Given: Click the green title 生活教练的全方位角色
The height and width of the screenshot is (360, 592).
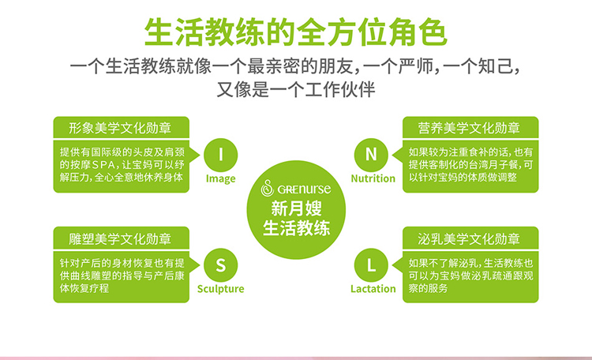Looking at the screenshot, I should pyautogui.click(x=295, y=32).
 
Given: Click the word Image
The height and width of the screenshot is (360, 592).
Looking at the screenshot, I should pyautogui.click(x=221, y=179).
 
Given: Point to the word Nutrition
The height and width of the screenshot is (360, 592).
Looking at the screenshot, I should pyautogui.click(x=373, y=179).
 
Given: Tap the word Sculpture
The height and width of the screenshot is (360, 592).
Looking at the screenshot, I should pyautogui.click(x=221, y=289).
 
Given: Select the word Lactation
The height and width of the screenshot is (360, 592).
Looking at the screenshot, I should pyautogui.click(x=373, y=289).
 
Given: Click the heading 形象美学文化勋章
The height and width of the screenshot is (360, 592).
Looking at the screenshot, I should pyautogui.click(x=120, y=127).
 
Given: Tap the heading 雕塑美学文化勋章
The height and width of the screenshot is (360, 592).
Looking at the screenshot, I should pyautogui.click(x=120, y=238).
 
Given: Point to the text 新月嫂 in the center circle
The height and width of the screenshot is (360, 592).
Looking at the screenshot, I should pyautogui.click(x=296, y=210).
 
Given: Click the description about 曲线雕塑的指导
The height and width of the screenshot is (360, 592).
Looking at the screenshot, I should pyautogui.click(x=122, y=276).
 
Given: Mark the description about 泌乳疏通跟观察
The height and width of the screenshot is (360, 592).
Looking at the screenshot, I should pyautogui.click(x=471, y=276).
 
